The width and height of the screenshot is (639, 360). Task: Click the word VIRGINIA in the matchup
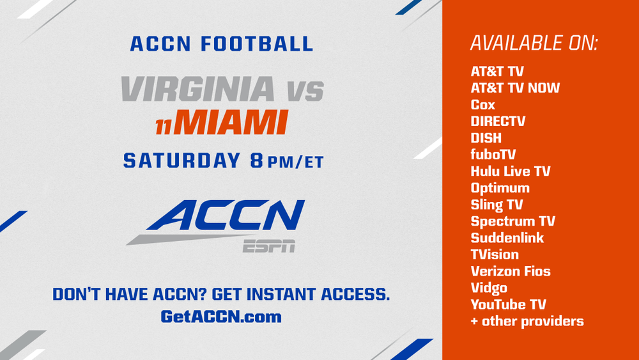(x=198, y=88)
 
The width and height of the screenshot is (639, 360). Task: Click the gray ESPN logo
(x=269, y=246)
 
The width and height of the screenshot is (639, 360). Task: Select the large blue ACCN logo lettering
(x=226, y=215)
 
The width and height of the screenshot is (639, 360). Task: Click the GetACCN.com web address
(x=221, y=317)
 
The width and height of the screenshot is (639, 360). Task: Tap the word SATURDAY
(x=181, y=160)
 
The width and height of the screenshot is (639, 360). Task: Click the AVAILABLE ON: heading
(x=534, y=43)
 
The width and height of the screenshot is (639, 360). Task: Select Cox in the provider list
(x=483, y=105)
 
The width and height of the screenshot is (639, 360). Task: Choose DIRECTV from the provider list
(x=498, y=121)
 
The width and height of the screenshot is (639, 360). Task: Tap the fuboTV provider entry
(x=493, y=155)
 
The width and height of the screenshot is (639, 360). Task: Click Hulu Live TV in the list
(x=511, y=171)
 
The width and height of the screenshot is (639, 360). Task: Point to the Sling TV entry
(x=497, y=205)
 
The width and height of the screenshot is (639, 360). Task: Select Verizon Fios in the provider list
(x=511, y=271)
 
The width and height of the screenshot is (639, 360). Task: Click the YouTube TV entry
(x=508, y=304)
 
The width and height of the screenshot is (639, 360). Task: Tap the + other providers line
(x=527, y=321)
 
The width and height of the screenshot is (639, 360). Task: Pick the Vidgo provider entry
(x=489, y=288)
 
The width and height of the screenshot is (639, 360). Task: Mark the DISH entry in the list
(x=486, y=138)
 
